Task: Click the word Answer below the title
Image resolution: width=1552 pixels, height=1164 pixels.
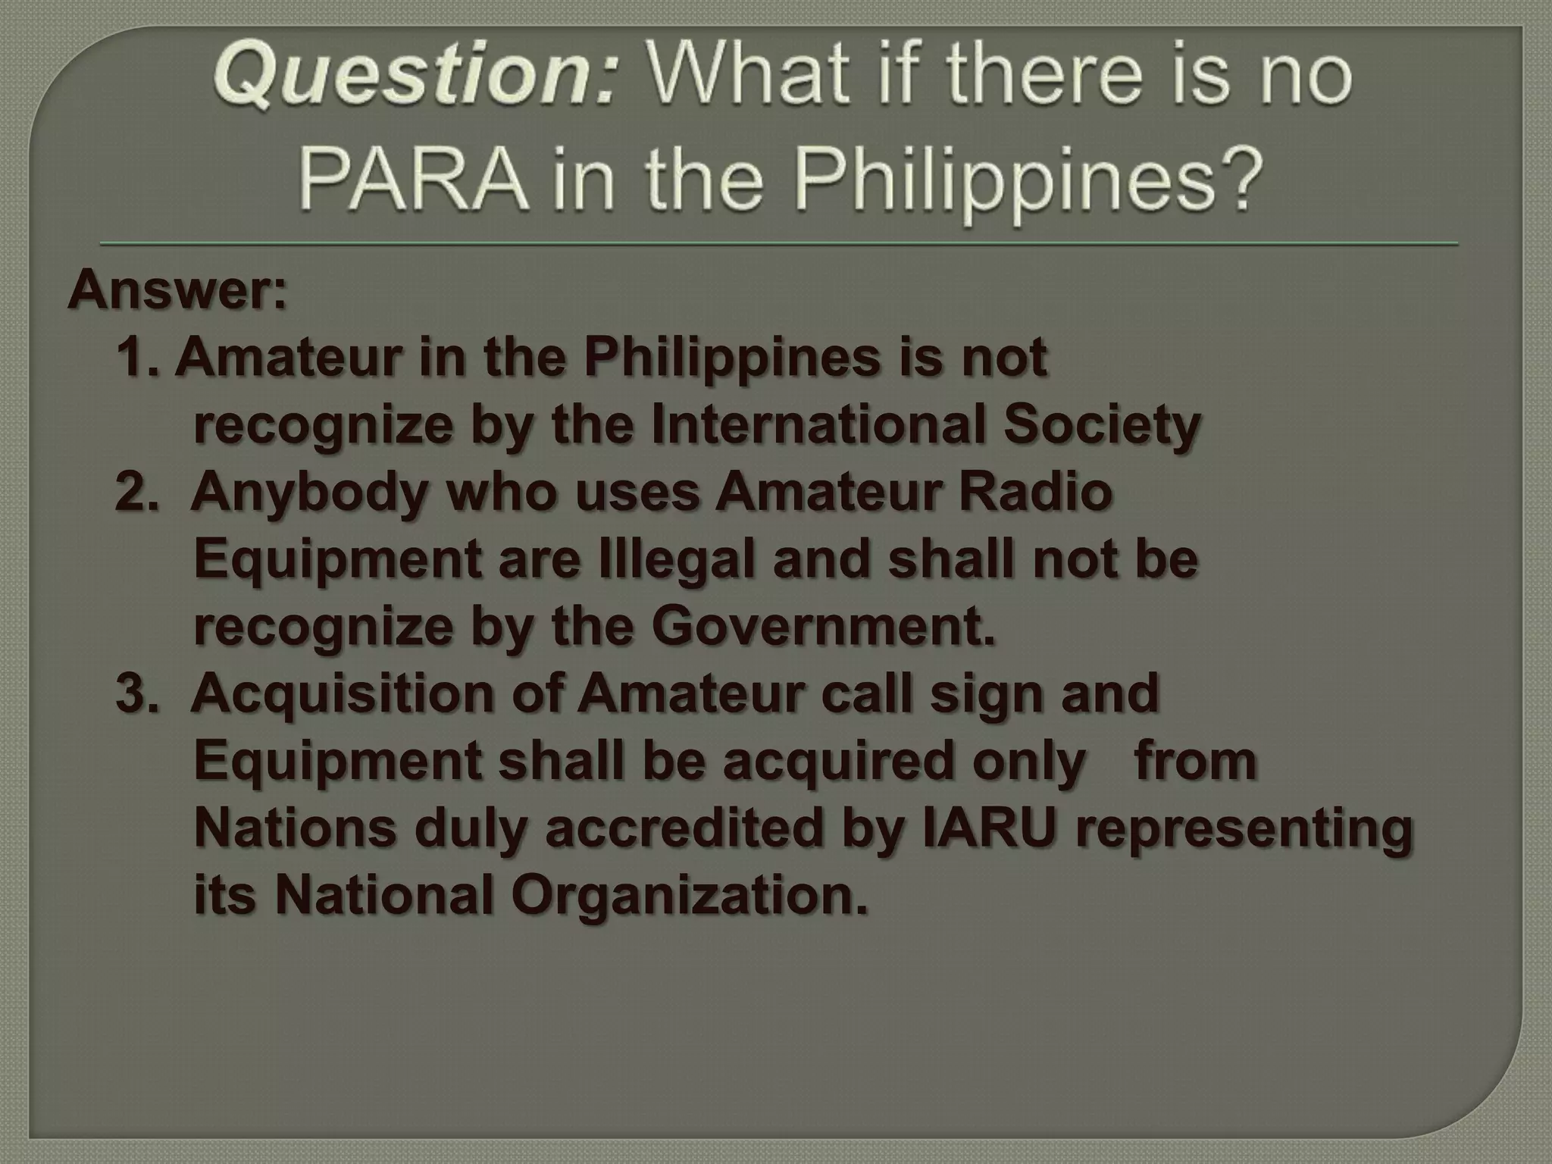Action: pos(177,291)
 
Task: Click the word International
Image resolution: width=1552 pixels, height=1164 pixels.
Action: pos(818,424)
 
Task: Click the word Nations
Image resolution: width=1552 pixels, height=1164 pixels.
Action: pos(296,828)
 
